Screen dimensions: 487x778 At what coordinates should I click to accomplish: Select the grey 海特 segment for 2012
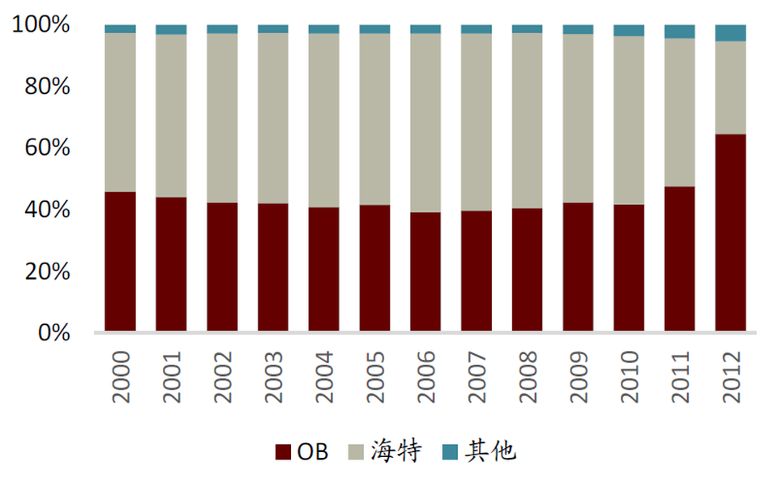[730, 88]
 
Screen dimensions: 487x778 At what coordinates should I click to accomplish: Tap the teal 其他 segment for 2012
[730, 33]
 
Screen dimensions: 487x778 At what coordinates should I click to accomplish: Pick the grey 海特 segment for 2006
[425, 122]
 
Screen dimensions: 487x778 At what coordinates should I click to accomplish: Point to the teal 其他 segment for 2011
[679, 32]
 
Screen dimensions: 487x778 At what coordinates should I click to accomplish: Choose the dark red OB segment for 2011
[679, 258]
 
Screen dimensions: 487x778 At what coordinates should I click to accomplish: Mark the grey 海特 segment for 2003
[273, 118]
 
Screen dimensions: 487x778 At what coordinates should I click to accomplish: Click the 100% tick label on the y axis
[41, 25]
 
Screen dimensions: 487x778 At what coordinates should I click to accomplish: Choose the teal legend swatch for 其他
[451, 452]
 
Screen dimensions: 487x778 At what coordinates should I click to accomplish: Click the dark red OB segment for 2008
[527, 270]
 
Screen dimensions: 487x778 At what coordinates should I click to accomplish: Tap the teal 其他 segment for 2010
[629, 31]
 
